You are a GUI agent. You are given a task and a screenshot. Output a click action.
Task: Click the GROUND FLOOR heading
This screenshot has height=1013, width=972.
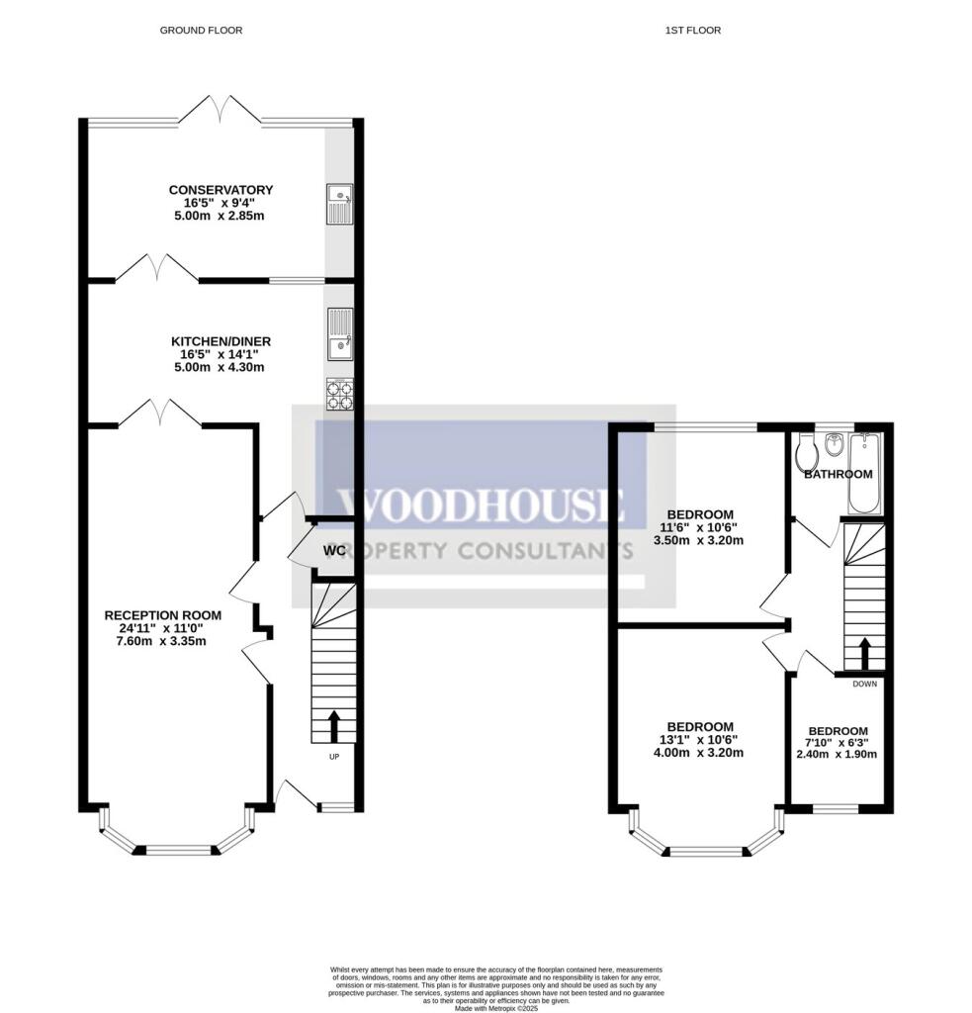coord(201,31)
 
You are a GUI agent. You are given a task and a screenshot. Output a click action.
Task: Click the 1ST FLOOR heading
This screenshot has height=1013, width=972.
coord(692,31)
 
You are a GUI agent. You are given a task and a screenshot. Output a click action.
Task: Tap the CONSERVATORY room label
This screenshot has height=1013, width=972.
coord(221,190)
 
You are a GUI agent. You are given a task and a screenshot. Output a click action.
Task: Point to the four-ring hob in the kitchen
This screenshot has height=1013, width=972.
coord(339,395)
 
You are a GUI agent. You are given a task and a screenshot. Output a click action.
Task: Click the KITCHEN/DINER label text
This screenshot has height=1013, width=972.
coord(220,341)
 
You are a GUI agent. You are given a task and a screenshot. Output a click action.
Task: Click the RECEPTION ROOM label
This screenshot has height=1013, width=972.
coord(163,615)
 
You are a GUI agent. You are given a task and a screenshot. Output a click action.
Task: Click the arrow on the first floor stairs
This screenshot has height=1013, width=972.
coord(864,653)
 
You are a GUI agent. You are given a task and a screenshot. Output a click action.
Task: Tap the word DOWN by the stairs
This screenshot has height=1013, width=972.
coord(864,684)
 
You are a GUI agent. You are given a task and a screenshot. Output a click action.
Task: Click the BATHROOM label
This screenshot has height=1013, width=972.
coord(838,475)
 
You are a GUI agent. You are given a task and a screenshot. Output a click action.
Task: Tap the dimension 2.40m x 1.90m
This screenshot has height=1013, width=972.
coord(837,754)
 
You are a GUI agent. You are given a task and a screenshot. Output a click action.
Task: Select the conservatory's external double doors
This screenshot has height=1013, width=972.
coord(220,111)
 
